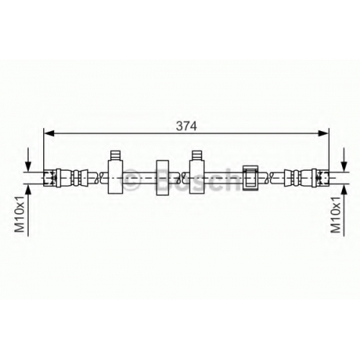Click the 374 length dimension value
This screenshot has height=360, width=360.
pos(186,126)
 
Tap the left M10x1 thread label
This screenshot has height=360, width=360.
pos(19,214)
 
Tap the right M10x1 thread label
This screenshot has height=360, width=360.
pos(336,214)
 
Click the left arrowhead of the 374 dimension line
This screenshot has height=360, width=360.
pos(50,133)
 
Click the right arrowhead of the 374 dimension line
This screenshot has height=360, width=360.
pos(323,133)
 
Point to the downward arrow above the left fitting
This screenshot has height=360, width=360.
pos(28,160)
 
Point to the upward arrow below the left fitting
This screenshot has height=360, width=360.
pos(28,210)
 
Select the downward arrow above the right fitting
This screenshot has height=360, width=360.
pos(344,160)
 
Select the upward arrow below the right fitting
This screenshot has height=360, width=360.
pos(344,210)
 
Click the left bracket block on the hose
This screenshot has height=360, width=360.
pos(115,177)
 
